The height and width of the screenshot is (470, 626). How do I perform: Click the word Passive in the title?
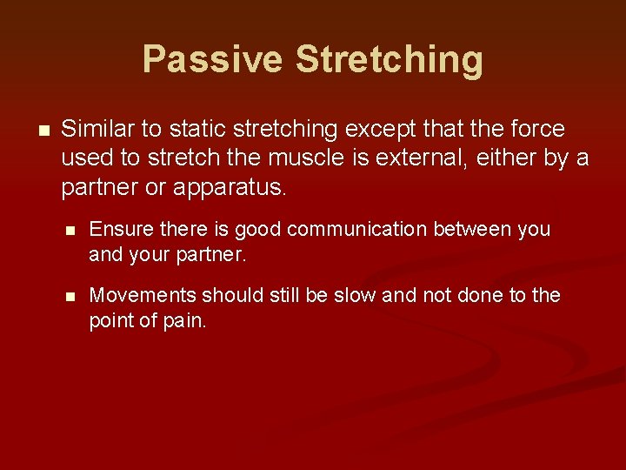[x=213, y=59]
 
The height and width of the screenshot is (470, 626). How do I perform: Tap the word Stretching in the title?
[x=390, y=60]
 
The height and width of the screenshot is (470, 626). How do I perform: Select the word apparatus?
[x=230, y=188]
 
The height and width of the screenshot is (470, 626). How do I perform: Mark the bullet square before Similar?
[x=44, y=131]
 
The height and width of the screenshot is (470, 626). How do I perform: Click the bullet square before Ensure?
[x=70, y=230]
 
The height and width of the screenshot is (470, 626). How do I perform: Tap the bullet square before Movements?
[x=70, y=297]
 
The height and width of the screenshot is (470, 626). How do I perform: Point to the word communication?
[x=357, y=229]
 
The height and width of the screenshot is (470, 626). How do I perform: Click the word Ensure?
[x=122, y=229]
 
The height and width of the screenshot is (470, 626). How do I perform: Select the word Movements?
[x=143, y=295]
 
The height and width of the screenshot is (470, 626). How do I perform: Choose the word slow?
[x=355, y=295]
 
